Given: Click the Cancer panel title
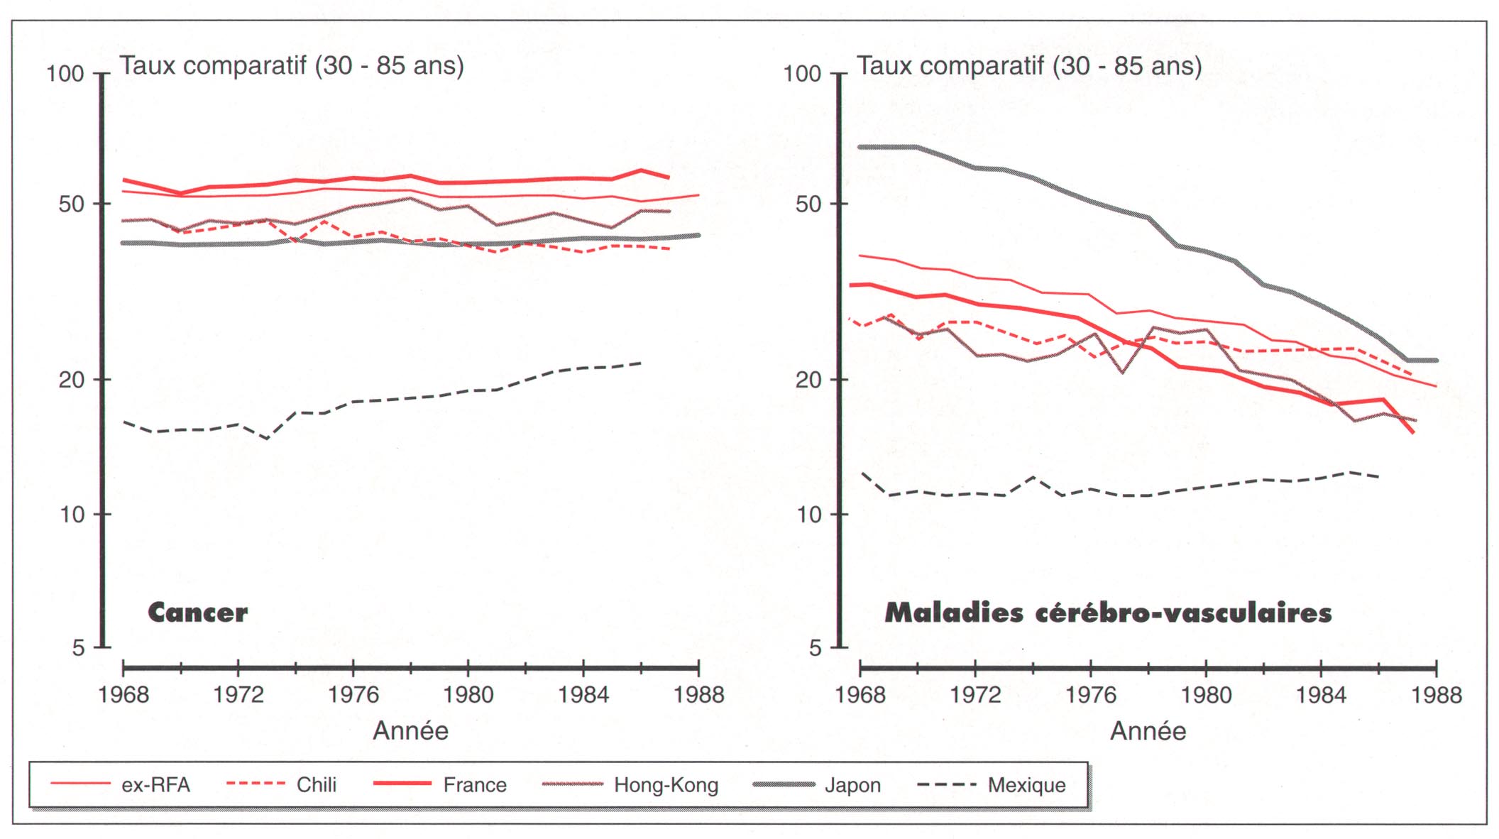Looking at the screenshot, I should (197, 613).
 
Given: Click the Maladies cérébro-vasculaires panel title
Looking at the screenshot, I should (1108, 613).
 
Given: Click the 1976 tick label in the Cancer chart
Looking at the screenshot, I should (353, 694).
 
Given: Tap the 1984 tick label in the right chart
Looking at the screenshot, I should (1321, 694).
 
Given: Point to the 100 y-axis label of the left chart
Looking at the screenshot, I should (65, 74).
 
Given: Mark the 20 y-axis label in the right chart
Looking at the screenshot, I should (808, 380).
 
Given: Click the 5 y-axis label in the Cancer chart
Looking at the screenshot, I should (78, 647).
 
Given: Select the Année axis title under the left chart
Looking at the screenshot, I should (411, 730).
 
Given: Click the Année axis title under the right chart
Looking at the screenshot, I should (1148, 730).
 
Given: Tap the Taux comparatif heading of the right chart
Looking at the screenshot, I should (1028, 66).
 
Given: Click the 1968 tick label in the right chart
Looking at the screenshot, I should (860, 694).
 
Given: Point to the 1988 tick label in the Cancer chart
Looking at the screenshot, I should (698, 694).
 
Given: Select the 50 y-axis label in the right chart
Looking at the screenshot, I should (808, 204).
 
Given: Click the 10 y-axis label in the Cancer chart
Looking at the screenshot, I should (72, 515).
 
